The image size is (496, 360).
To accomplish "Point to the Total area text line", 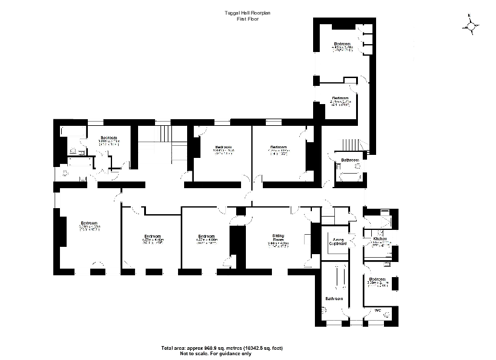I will pyautogui.click(x=222, y=348).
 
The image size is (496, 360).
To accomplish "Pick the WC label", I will pyautogui.click(x=377, y=311).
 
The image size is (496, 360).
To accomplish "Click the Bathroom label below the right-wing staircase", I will pyautogui.click(x=349, y=160).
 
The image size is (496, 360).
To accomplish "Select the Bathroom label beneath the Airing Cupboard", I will pyautogui.click(x=334, y=299).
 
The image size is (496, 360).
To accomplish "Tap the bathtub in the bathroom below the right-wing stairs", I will pyautogui.click(x=349, y=178).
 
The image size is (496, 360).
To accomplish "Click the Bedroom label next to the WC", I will pyautogui.click(x=377, y=280).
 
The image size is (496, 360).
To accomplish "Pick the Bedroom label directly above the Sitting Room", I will pyautogui.click(x=278, y=147).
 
